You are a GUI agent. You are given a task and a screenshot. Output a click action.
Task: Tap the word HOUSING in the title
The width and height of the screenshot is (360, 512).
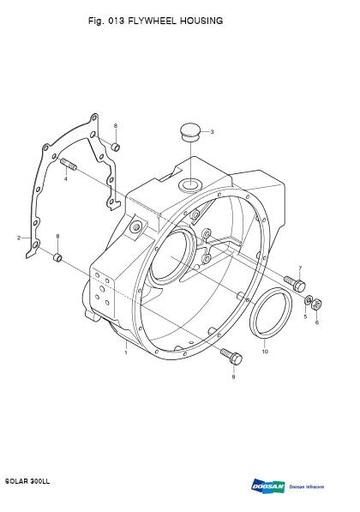pos(201,21)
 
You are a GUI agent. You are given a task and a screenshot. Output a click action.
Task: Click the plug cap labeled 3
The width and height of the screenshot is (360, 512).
pos(190,131)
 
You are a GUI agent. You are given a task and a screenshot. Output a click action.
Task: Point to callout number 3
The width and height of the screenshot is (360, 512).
pos(212,132)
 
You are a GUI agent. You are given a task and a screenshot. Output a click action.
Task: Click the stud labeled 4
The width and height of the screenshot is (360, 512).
pos(69,165)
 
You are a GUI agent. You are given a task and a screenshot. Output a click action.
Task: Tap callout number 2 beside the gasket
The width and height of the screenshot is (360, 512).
pos(19,238)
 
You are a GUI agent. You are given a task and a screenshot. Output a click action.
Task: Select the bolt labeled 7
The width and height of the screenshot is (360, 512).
pos(294,283)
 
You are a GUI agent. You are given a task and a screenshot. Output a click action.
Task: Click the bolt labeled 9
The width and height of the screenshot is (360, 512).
pos(231,356)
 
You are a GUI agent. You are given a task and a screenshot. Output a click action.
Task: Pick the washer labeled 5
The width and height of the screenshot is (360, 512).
pos(308,300)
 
